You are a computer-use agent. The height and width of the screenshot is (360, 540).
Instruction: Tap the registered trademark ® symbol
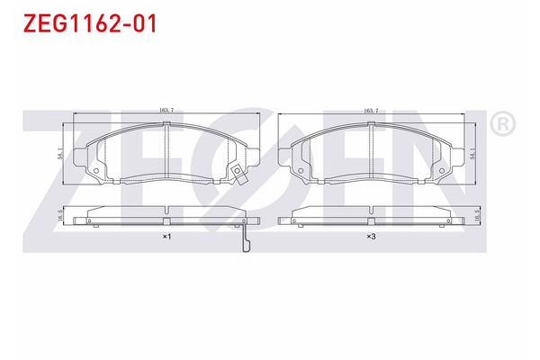click(503, 124)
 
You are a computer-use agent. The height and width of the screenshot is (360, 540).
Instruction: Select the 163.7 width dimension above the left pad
click(166, 111)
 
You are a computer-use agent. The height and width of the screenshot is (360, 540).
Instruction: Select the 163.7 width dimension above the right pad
click(371, 111)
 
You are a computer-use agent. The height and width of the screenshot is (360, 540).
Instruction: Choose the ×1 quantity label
click(166, 237)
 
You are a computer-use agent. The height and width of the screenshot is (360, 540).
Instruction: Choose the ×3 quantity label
click(371, 237)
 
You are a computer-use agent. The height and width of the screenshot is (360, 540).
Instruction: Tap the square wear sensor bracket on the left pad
click(237, 174)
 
